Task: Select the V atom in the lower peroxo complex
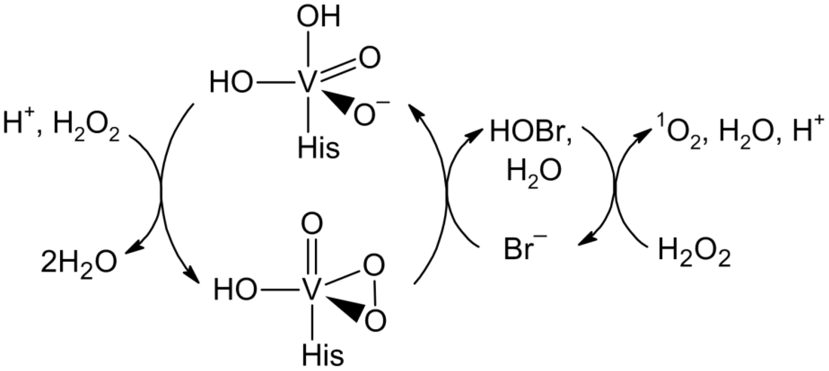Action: click(x=311, y=289)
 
